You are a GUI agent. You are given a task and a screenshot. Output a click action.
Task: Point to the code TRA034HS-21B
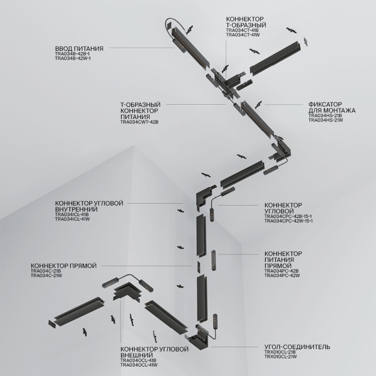coord(325,115)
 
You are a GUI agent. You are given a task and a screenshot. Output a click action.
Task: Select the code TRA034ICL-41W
coord(73,219)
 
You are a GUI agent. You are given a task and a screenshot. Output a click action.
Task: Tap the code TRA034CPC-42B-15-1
coord(289,217)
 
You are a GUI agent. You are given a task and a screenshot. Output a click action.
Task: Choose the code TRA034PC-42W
coord(283,275)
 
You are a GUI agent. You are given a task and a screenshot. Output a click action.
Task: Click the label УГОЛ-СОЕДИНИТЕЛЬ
coord(297,347)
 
